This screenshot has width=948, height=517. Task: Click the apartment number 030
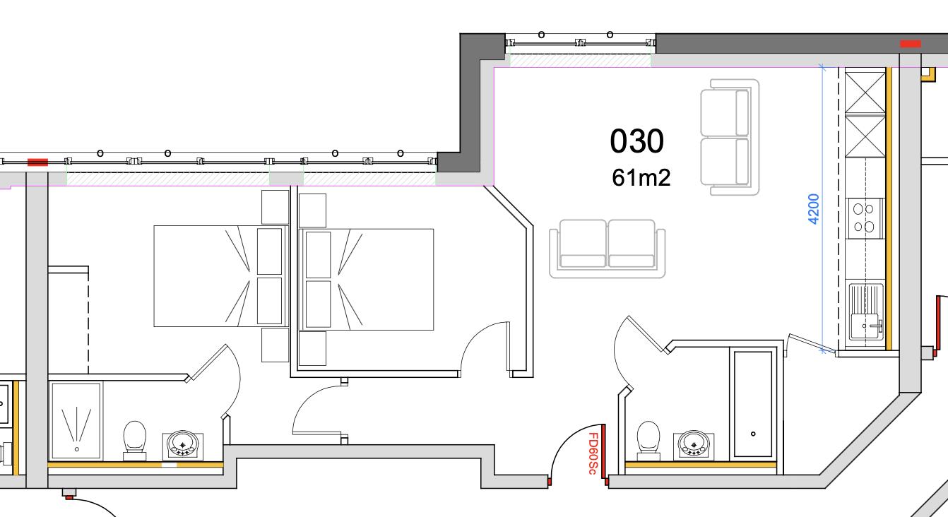636,141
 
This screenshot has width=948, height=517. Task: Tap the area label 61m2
641,178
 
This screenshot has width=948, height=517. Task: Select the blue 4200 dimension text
813,208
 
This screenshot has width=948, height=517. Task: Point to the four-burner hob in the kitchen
863,218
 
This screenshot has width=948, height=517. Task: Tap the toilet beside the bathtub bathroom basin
648,439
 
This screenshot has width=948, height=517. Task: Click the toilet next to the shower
134,439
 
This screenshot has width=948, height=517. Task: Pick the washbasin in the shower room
184,446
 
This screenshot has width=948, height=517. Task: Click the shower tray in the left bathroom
76,421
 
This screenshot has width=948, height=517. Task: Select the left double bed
219,276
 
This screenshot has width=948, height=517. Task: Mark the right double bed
367,279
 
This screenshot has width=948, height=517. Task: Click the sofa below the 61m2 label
608,248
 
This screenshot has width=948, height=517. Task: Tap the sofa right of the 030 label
730,137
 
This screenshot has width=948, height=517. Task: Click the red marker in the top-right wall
910,44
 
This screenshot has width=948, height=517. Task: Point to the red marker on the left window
37,162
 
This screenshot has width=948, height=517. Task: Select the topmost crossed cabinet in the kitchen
865,90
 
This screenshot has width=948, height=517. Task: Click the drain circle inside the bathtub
753,434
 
